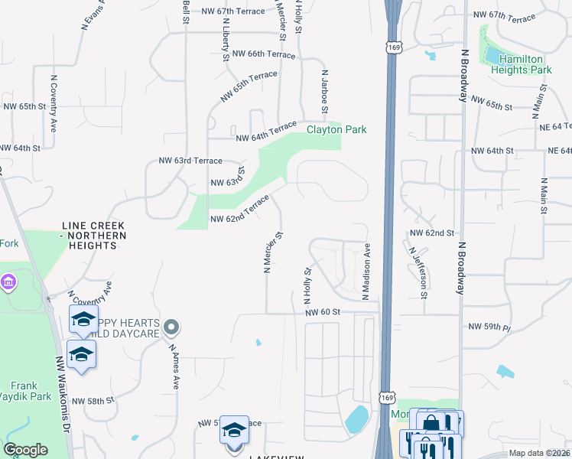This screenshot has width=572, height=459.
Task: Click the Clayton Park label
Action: [336, 129]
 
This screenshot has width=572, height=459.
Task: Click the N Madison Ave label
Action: [367, 272]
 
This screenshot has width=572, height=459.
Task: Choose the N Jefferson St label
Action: [418, 272]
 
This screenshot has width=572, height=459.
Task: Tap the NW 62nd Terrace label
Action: [239, 211]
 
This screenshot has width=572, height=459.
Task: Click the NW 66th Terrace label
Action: [263, 54]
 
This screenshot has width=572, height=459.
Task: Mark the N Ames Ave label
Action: [174, 366]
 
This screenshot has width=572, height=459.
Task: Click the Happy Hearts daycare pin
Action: [171, 328]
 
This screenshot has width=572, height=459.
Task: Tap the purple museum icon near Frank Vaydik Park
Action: [8, 283]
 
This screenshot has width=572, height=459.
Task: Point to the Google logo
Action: [25, 450]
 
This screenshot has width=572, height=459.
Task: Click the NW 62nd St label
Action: [432, 232]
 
